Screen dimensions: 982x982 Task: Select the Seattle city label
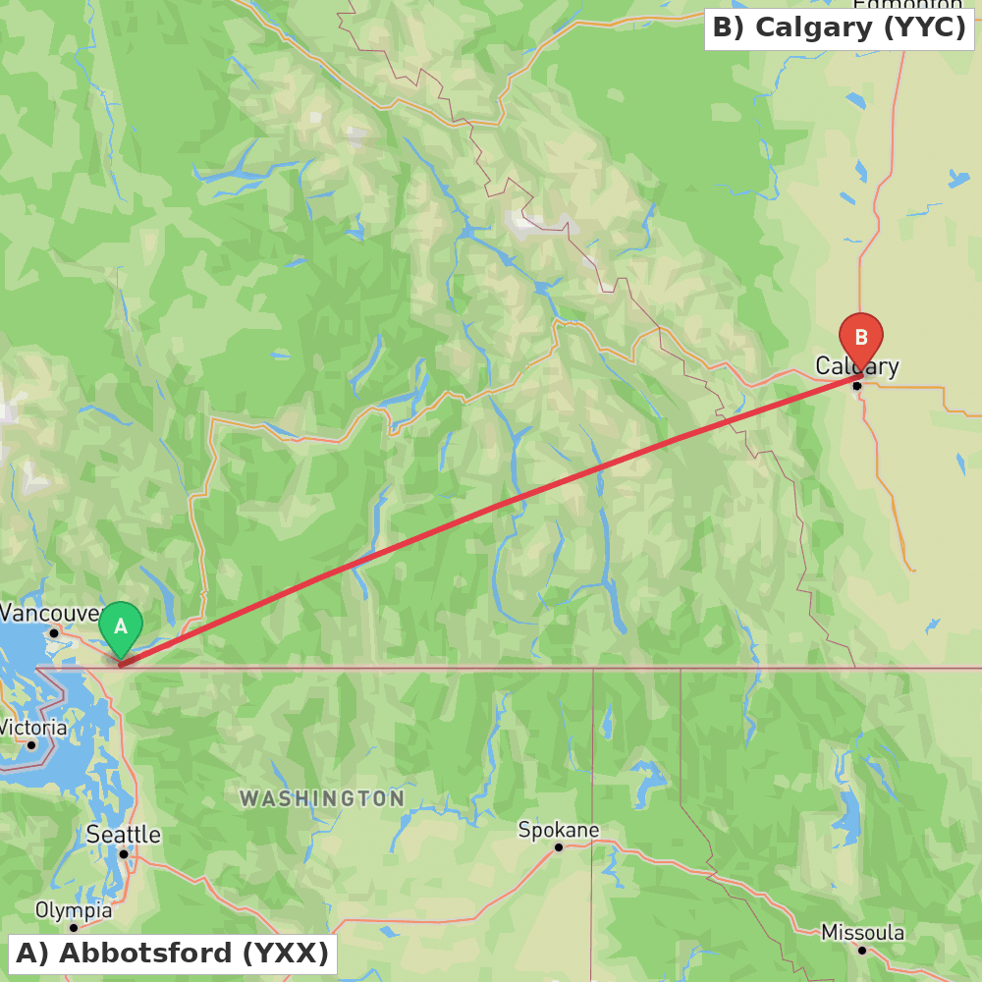pos(123,835)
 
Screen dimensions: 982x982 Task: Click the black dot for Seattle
pos(124,854)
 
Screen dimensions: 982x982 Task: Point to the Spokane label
pos(559,831)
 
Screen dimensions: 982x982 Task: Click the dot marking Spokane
pos(559,847)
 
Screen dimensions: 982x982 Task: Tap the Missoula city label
pos(862,932)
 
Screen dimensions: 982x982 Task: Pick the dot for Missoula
pos(862,950)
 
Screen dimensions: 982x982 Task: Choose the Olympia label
pos(74,910)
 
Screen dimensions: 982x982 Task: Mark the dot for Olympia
pos(74,928)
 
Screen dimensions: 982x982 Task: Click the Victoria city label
pos(32,728)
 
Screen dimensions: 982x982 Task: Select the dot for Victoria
pos(31,744)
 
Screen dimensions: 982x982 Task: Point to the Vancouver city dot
pos(54,632)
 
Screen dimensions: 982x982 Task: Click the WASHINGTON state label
pos(322,798)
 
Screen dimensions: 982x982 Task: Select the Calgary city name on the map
pos(856,367)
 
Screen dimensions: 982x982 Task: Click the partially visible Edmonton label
pos(906,6)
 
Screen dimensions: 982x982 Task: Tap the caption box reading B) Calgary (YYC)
pos(839,27)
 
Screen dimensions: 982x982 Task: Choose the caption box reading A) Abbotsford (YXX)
pos(173,953)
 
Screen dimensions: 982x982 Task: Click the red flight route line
pos(491,508)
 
